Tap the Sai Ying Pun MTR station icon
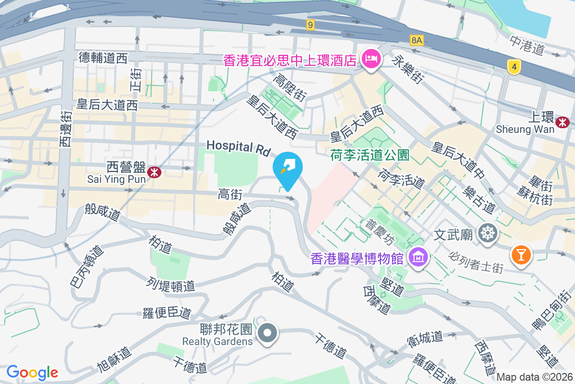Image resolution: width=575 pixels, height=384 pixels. (x=154, y=172)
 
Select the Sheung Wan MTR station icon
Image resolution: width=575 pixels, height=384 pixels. (x=562, y=123)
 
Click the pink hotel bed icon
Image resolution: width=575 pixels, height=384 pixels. (x=370, y=60)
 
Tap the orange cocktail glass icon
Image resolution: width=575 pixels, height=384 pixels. (x=521, y=253)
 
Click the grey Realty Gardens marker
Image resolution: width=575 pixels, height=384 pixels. (x=267, y=333)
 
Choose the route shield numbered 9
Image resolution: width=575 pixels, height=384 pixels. (x=311, y=24)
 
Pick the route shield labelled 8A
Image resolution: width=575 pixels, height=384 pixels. (x=417, y=40)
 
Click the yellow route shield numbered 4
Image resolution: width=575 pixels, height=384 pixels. (x=514, y=67)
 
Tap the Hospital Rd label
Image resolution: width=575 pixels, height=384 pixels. (x=239, y=146)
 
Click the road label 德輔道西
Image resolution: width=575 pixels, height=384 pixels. (x=103, y=59)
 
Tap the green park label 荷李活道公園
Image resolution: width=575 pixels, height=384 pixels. (x=369, y=155)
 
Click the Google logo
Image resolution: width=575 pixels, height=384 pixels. (x=32, y=372)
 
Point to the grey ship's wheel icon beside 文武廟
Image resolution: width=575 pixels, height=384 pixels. (x=488, y=233)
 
